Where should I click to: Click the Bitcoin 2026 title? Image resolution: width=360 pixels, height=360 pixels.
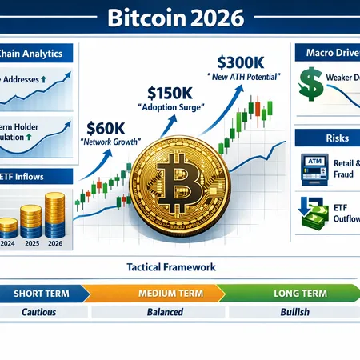click(180, 16)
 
